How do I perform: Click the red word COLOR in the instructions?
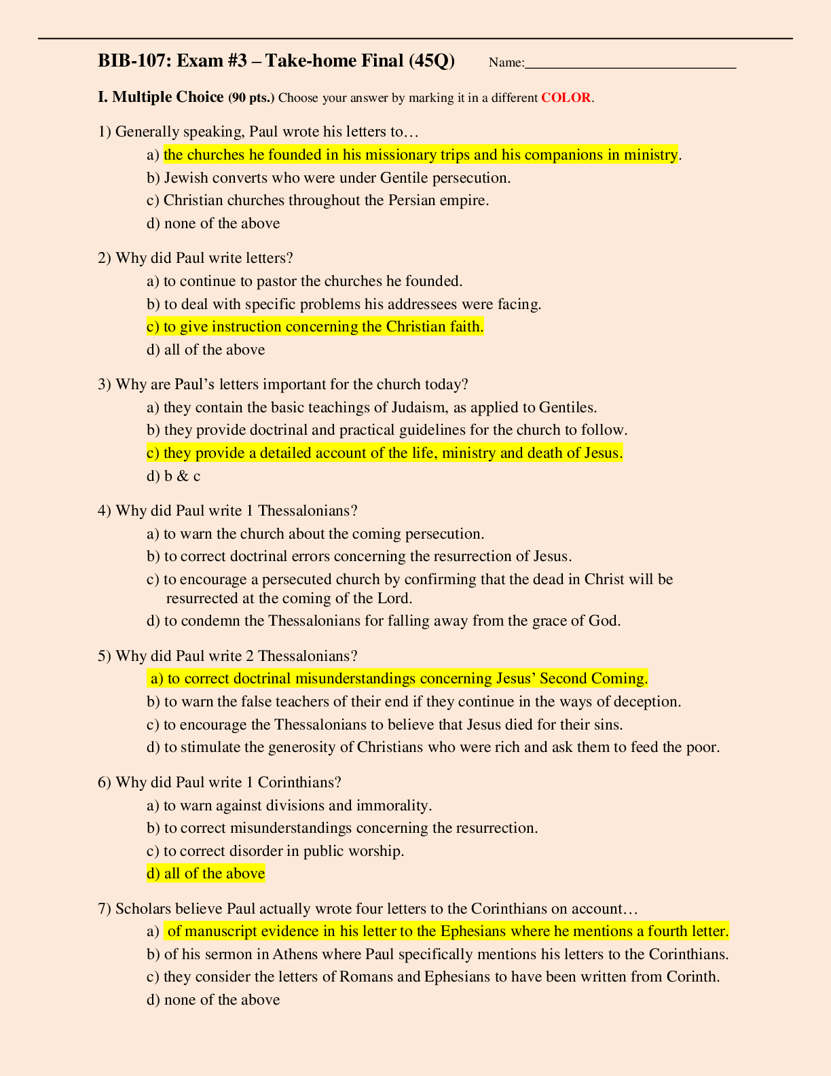tap(566, 97)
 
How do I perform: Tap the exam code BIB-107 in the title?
tap(132, 61)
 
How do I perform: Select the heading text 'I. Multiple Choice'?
tap(161, 97)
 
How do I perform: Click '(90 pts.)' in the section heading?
tap(251, 98)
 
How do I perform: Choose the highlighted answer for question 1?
tap(420, 155)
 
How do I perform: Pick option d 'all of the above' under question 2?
tap(206, 350)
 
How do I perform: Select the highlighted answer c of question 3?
tap(384, 453)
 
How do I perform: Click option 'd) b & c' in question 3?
tap(174, 476)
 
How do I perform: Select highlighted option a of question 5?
tap(398, 679)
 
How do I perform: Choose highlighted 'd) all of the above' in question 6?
tap(206, 874)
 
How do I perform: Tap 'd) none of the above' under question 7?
tap(213, 1000)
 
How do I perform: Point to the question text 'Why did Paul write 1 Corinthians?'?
tap(228, 783)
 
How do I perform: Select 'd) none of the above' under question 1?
tap(213, 223)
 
